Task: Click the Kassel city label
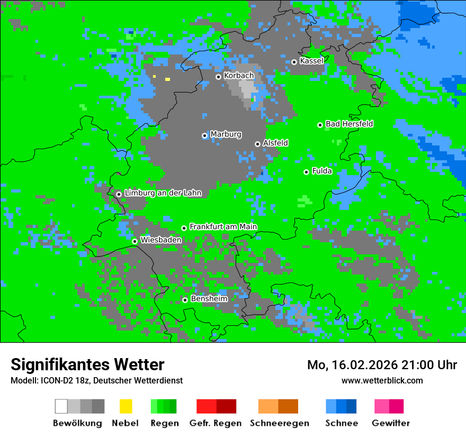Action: pyautogui.click(x=311, y=61)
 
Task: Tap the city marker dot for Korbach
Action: pyautogui.click(x=218, y=77)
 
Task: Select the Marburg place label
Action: pyautogui.click(x=226, y=134)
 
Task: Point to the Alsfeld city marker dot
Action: pyautogui.click(x=257, y=144)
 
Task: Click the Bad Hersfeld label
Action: pyautogui.click(x=349, y=124)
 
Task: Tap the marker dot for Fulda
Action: pyautogui.click(x=306, y=172)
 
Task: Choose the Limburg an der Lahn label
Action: pyautogui.click(x=163, y=193)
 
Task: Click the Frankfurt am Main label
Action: pyautogui.click(x=223, y=227)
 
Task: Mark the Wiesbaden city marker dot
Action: pyautogui.click(x=135, y=241)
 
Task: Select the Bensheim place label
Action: pyautogui.click(x=209, y=299)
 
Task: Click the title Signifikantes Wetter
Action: pyautogui.click(x=87, y=364)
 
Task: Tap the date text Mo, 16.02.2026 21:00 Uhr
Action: pyautogui.click(x=382, y=365)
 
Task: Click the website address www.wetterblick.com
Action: pyautogui.click(x=382, y=380)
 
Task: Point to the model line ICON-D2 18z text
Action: pyautogui.click(x=96, y=380)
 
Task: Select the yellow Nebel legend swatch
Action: pyautogui.click(x=126, y=406)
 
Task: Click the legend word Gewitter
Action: pyautogui.click(x=390, y=423)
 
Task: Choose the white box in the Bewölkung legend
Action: pyautogui.click(x=61, y=406)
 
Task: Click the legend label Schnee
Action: pyautogui.click(x=341, y=423)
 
